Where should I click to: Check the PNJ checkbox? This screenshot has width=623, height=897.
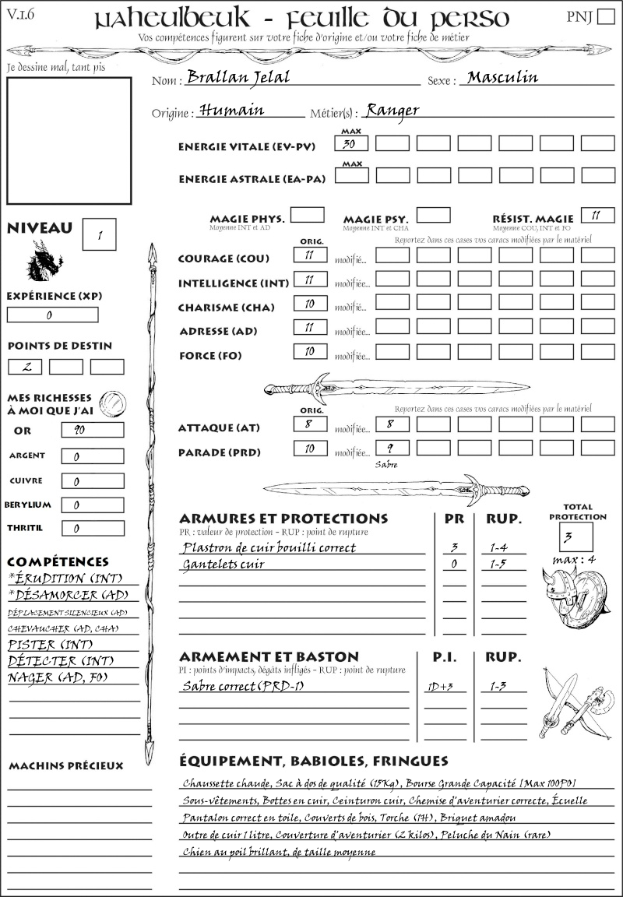click(x=604, y=17)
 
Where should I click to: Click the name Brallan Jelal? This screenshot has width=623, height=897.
click(x=238, y=77)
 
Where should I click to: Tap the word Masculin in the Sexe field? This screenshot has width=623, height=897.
click(x=502, y=77)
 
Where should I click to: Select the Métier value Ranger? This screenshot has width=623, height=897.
click(x=392, y=110)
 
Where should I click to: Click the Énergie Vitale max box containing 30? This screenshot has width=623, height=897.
click(x=351, y=143)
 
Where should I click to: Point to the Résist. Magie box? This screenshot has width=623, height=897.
click(x=597, y=215)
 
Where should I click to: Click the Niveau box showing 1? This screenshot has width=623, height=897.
click(x=100, y=234)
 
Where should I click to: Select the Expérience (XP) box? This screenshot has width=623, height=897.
click(x=52, y=315)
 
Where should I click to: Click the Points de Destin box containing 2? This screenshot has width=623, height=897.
click(x=25, y=366)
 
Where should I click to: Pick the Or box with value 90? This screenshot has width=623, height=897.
click(x=92, y=430)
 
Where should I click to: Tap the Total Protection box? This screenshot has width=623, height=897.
click(x=575, y=536)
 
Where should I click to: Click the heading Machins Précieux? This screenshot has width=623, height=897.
click(x=65, y=766)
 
